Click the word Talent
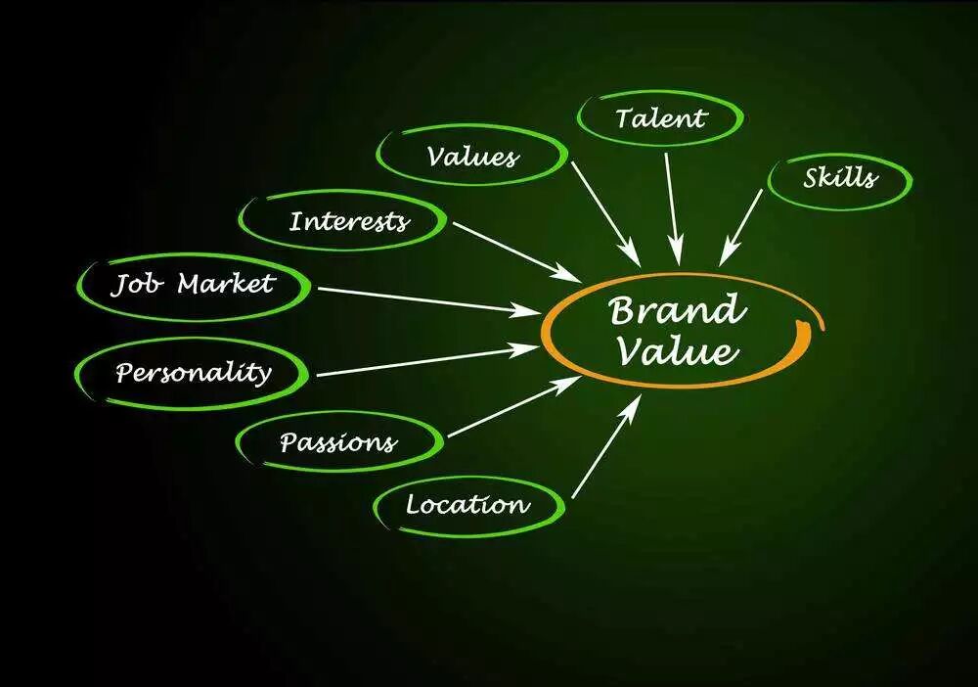[660, 118]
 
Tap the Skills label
[841, 178]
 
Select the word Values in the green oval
[472, 156]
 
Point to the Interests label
[348, 220]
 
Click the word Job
[137, 285]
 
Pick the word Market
[226, 284]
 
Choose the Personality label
[193, 373]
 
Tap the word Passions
[338, 442]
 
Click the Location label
[467, 505]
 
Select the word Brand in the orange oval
[676, 312]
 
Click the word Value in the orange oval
[676, 350]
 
